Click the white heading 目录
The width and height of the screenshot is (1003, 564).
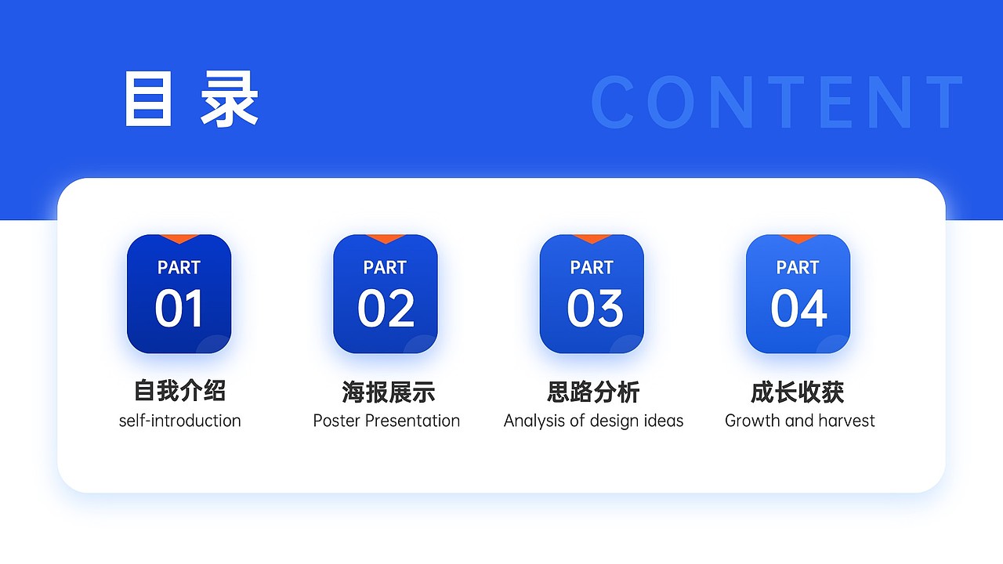tap(190, 99)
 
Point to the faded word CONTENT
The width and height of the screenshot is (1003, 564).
tap(777, 103)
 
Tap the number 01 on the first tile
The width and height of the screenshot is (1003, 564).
tap(179, 309)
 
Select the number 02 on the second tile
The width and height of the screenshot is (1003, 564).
tap(386, 309)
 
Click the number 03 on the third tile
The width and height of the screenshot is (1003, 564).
tap(594, 309)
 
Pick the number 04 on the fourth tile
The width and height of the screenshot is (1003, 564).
tap(798, 309)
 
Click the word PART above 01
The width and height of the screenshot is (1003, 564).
tap(179, 267)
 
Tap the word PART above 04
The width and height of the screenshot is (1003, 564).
tap(798, 267)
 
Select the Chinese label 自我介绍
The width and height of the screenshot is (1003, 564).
tap(179, 390)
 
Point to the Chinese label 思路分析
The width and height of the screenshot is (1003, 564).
tap(593, 392)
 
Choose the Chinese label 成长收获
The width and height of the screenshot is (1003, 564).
tap(797, 392)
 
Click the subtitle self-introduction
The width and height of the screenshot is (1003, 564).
tap(179, 421)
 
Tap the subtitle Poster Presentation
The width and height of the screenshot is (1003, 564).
tap(386, 421)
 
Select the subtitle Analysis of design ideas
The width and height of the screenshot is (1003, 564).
tap(593, 421)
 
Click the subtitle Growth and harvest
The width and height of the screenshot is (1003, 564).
tap(799, 421)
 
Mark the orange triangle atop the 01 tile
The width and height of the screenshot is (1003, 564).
tap(179, 238)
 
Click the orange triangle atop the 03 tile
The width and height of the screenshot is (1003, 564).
tap(592, 238)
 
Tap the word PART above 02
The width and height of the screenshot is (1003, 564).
tap(385, 267)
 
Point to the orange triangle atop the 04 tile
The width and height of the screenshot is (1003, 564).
tap(798, 238)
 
